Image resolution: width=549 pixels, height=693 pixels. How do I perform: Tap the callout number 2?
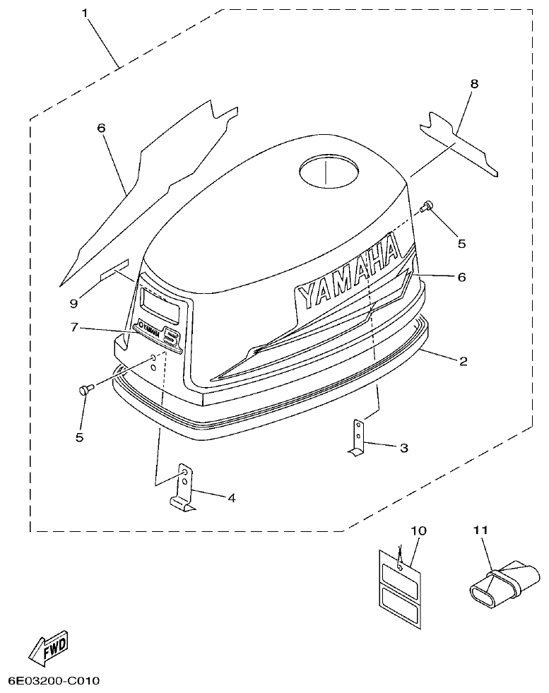[463, 362]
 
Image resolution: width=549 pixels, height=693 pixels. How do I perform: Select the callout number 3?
[403, 448]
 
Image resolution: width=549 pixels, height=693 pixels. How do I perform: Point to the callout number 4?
[231, 497]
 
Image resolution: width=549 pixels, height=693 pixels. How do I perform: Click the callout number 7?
[74, 328]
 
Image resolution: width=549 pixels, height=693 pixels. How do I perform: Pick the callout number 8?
[474, 83]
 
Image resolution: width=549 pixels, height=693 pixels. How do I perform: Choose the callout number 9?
[73, 304]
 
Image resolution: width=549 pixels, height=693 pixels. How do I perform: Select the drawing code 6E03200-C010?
[54, 681]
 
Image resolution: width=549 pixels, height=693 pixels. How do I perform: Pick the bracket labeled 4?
[183, 489]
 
